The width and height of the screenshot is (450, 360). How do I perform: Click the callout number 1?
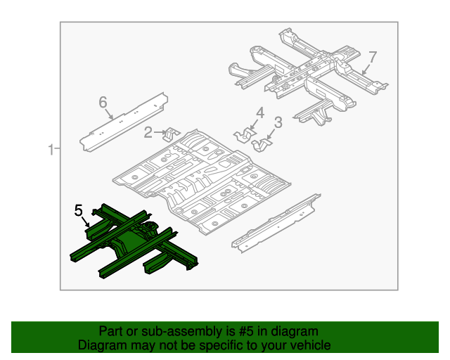point(51,148)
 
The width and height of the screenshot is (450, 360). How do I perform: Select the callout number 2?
point(148,131)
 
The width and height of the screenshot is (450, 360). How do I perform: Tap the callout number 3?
point(278,122)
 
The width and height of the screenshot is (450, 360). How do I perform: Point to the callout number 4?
point(259,112)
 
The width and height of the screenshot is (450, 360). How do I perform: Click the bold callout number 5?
point(79,210)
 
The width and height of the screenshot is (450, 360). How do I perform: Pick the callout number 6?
point(103,103)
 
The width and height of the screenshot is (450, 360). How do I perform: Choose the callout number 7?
point(373,56)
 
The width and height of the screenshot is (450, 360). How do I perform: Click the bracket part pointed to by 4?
point(245,134)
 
